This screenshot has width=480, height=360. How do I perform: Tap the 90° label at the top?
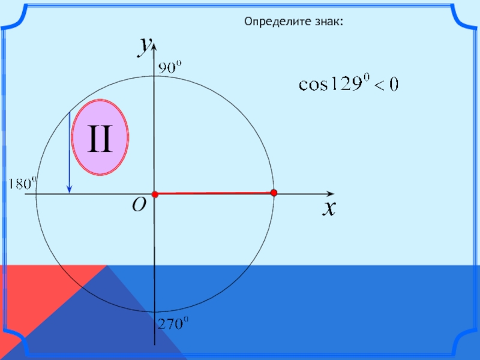pos(169,68)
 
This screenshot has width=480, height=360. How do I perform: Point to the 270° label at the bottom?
pos(172,324)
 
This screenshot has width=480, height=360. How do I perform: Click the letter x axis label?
pos(328,208)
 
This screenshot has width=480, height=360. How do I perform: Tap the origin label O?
pos(139,206)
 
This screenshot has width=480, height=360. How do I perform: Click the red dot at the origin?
pos(154,194)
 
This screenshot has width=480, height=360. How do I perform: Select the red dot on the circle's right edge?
pos(274,193)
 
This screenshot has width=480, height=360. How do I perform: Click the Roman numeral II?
pos(100,139)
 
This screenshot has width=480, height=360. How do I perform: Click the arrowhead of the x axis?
pos(330,194)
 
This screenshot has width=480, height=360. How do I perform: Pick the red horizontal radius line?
pos(214,193)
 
